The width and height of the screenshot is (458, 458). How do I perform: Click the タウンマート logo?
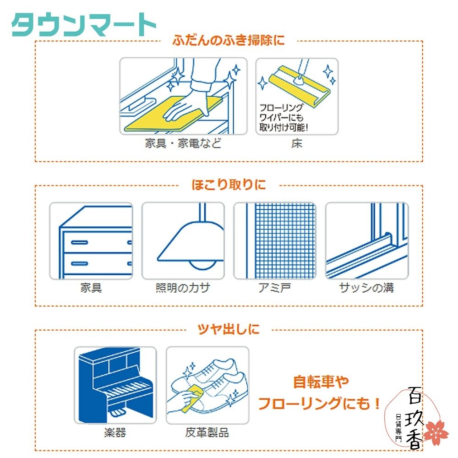[x=83, y=25]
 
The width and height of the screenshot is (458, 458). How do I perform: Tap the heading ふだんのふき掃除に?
[x=229, y=40]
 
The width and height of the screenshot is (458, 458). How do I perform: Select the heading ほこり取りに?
[x=228, y=185]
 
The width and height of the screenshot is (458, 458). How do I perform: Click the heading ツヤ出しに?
[x=229, y=328]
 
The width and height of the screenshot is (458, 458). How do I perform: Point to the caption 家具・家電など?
[x=183, y=144]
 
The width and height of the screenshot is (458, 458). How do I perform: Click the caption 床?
[x=297, y=144]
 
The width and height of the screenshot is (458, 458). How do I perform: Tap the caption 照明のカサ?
[x=183, y=288]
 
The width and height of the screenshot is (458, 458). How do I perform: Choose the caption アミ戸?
[x=275, y=288]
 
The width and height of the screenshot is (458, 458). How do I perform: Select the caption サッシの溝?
[x=366, y=288]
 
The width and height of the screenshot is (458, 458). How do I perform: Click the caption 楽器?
[x=115, y=432]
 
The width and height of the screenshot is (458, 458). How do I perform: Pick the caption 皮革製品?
[x=207, y=432]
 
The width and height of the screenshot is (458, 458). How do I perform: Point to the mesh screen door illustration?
[x=275, y=241]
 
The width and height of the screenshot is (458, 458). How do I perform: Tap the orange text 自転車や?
[x=321, y=382]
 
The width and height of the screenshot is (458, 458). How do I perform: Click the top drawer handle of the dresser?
[x=79, y=241]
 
